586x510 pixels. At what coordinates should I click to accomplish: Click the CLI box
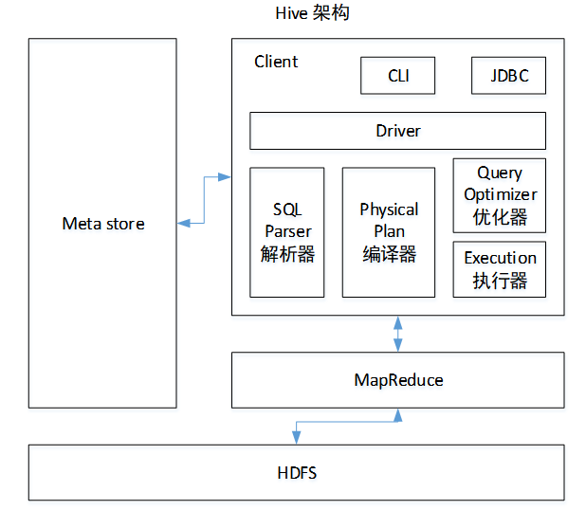397,76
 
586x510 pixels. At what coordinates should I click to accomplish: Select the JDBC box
508,76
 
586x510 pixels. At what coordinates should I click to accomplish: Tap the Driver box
397,131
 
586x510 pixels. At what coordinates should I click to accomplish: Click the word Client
276,62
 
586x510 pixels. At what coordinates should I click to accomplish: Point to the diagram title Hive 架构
312,13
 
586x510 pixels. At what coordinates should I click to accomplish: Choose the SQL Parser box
287,232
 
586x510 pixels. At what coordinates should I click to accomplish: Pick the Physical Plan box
389,232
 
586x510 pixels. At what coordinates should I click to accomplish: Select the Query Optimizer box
500,195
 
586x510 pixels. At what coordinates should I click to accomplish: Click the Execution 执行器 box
500,269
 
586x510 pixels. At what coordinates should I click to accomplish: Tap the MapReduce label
398,380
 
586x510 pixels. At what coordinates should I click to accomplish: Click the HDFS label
297,473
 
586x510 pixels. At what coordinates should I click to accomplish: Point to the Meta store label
103,224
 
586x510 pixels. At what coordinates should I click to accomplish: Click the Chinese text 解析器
287,254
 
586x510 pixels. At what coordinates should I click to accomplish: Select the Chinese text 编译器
389,254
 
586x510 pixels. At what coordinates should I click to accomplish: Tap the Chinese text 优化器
500,217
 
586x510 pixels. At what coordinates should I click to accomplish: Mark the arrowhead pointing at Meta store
183,224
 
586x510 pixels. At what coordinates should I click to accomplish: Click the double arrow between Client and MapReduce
398,334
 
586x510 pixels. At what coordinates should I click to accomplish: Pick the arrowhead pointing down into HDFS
297,438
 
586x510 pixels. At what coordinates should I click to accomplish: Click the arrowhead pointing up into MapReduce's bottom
398,415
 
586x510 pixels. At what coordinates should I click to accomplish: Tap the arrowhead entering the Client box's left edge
224,177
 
